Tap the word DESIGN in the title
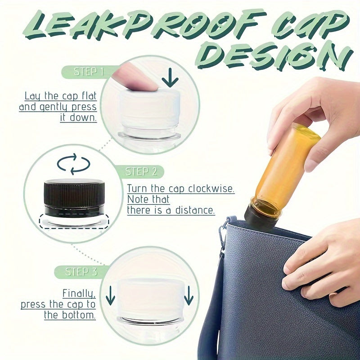pos(274,57)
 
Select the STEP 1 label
pos(89,72)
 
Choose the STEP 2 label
pos(141,171)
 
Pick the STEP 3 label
pos(81,272)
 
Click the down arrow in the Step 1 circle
pos(170,77)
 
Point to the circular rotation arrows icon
pos(73,164)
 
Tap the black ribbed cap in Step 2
pos(74,198)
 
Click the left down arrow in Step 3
pos(110,295)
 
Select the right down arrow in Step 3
pos(189,295)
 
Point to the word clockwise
pos(211,189)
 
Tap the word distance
pos(195,210)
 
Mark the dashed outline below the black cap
pos(74,221)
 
